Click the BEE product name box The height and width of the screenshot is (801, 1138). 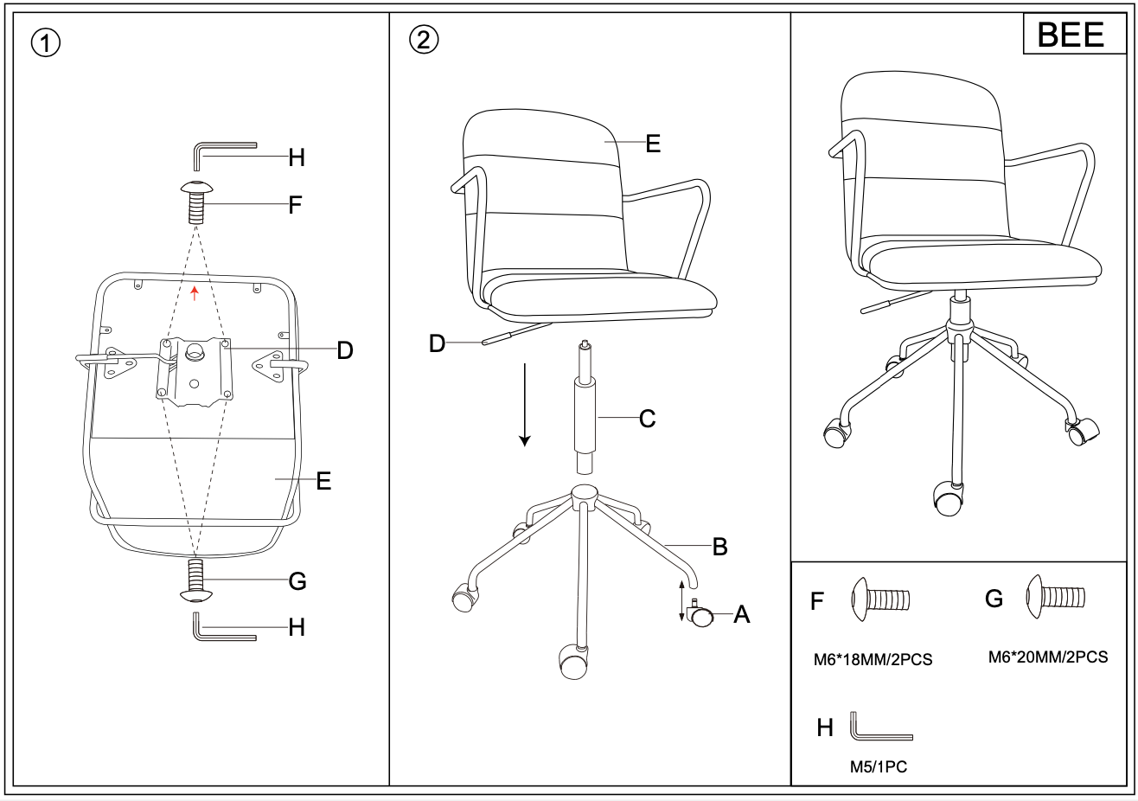click(1074, 34)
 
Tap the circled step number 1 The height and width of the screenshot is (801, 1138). click(46, 43)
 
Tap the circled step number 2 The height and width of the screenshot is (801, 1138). click(424, 40)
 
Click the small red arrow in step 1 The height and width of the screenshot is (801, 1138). click(194, 293)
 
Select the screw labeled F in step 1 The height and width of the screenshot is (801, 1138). click(196, 202)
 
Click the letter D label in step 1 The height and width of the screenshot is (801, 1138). click(345, 350)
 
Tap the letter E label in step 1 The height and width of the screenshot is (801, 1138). click(323, 481)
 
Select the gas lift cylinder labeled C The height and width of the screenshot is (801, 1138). click(585, 407)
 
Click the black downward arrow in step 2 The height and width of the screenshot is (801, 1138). click(525, 405)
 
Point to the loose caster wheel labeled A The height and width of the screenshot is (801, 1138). click(700, 614)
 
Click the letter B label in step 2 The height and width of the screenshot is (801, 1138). click(720, 547)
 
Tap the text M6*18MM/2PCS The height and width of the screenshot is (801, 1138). click(873, 660)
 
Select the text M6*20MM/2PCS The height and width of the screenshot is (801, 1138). click(1048, 657)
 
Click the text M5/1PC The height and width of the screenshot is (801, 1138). click(879, 767)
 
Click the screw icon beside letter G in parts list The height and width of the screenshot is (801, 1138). click(1056, 597)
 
